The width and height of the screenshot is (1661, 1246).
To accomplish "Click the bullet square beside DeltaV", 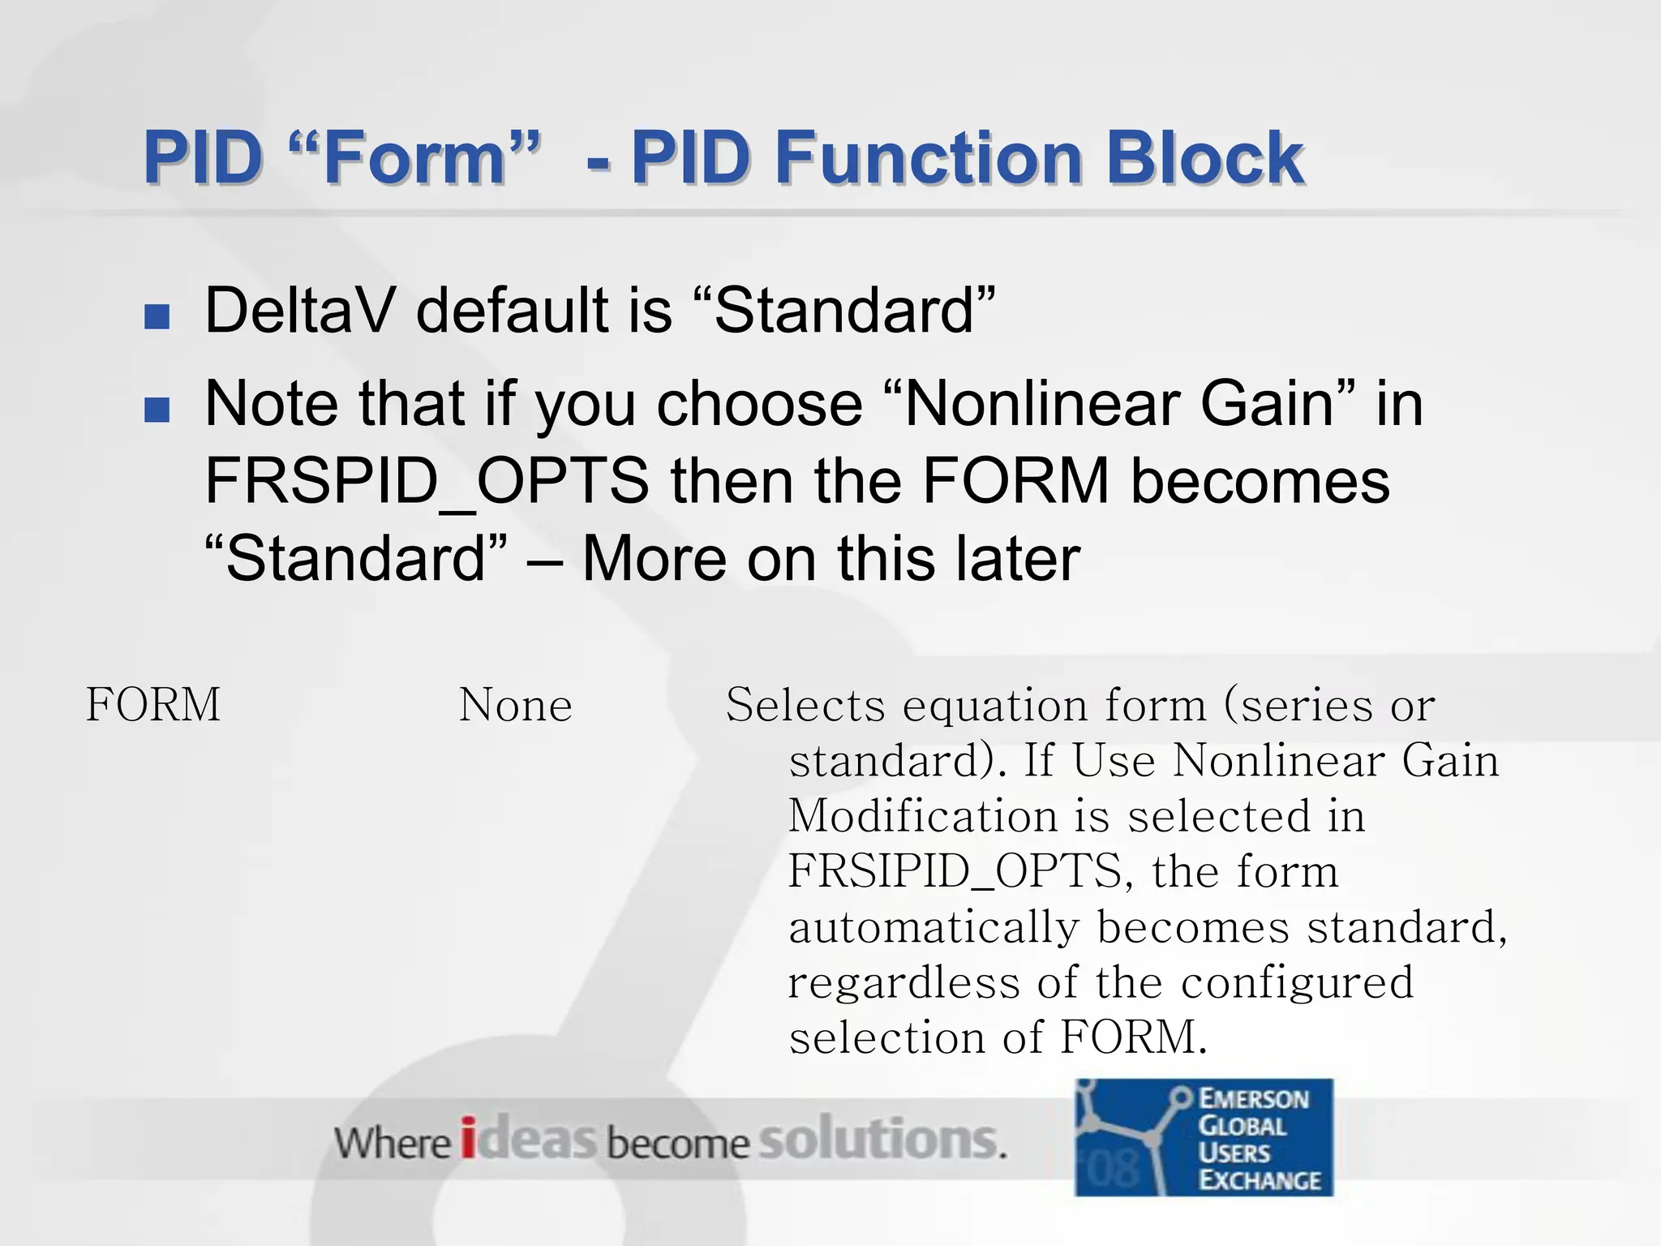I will click(157, 316).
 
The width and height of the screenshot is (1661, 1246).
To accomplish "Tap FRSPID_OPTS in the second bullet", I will click(427, 481).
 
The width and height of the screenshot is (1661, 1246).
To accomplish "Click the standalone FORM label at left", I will click(153, 704).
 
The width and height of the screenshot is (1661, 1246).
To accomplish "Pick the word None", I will click(516, 705).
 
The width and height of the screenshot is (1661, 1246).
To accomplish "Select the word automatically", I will click(933, 927).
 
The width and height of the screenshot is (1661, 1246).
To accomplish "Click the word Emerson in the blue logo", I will click(1253, 1099).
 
